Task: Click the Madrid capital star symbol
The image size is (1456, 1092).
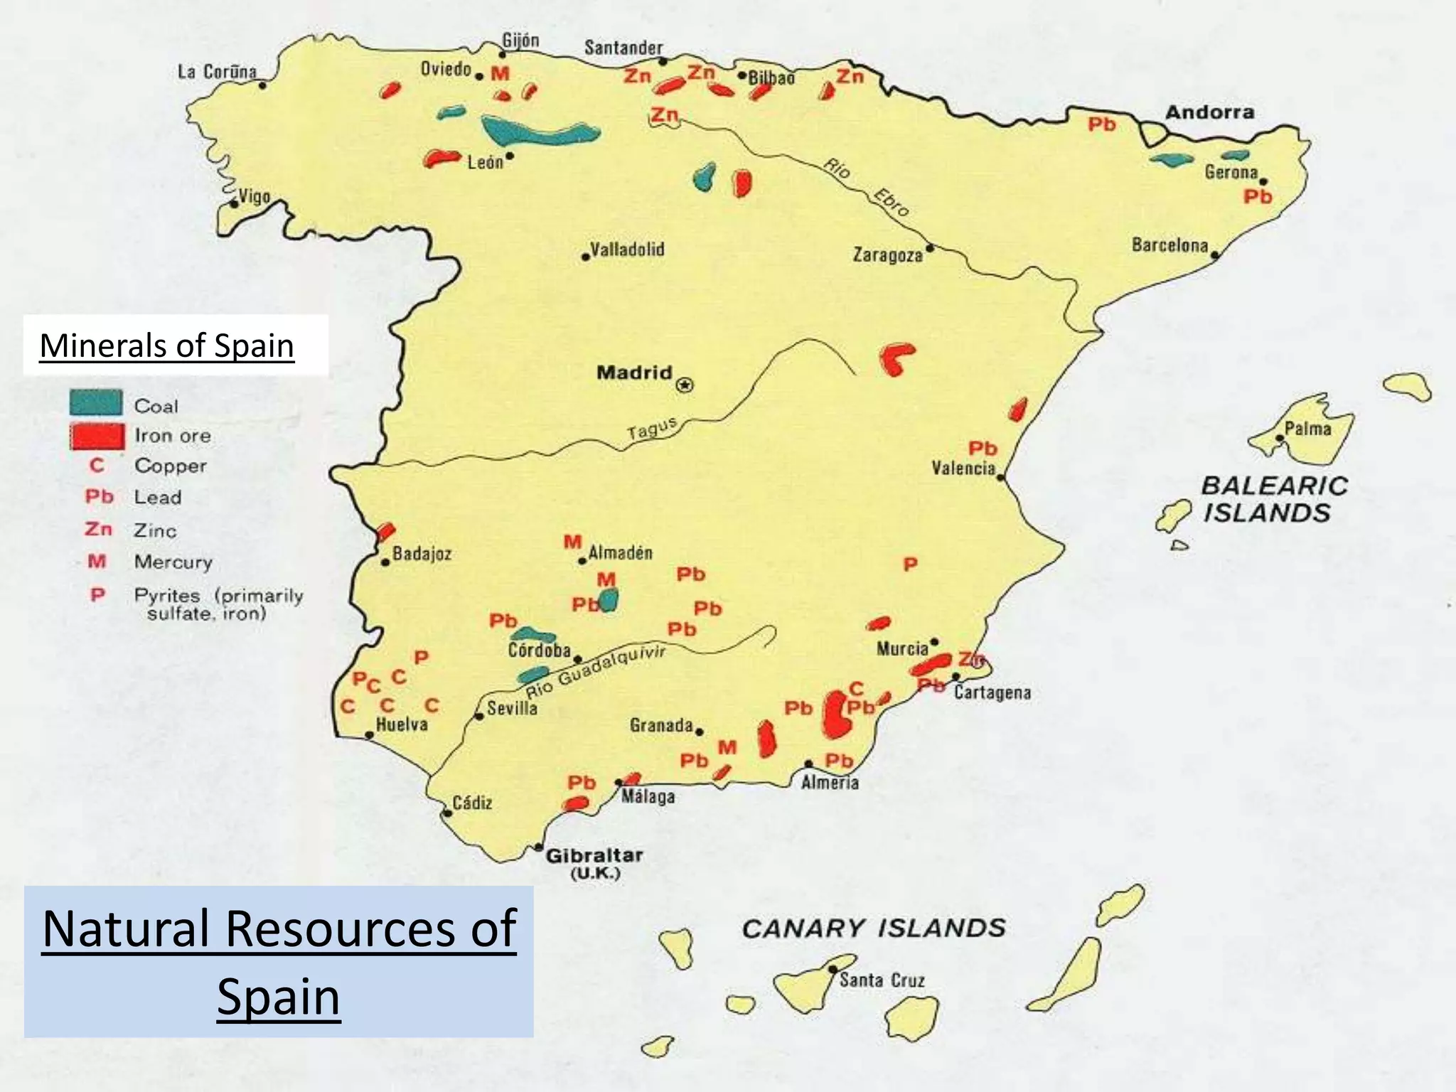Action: click(685, 385)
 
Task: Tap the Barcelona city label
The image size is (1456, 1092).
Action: click(1169, 245)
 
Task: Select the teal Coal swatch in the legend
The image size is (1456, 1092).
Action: click(96, 403)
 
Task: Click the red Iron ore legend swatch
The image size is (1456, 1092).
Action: click(97, 436)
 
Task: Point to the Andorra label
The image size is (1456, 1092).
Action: click(1209, 112)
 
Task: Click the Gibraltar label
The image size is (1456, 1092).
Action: click(594, 856)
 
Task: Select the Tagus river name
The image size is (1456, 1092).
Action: click(651, 429)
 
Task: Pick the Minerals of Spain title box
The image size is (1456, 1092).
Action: click(175, 346)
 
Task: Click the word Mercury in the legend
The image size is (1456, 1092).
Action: click(173, 562)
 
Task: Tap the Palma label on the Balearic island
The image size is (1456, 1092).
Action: click(1307, 429)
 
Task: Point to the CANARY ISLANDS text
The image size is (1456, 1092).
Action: click(874, 928)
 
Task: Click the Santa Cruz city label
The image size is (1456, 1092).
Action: click(882, 980)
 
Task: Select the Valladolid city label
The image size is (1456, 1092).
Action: click(627, 250)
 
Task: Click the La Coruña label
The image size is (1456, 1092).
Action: click(217, 72)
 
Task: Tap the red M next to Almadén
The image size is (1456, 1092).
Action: click(572, 542)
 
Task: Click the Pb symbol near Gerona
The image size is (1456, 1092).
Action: click(1257, 197)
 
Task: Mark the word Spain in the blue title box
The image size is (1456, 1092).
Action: click(279, 997)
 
